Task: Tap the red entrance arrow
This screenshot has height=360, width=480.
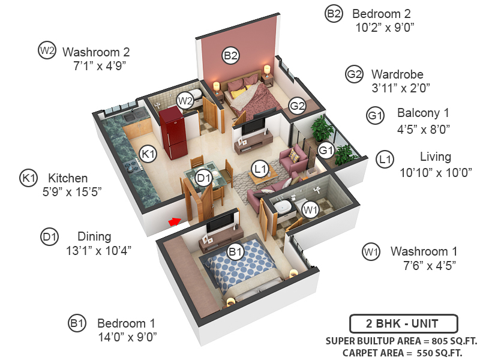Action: coord(175,222)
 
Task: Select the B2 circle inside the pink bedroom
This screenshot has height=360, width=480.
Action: coord(231,56)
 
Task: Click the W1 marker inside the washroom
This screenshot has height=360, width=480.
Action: coord(310,210)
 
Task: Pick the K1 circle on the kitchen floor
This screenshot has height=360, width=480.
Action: coord(148,155)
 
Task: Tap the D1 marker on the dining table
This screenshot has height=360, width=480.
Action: coord(204,178)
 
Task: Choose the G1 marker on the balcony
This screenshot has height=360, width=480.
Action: coord(325,149)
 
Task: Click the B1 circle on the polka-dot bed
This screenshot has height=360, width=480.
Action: coord(235,252)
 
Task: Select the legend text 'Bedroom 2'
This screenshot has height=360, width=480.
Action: coord(381,14)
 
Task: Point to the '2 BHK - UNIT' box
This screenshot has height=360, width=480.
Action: coord(403,323)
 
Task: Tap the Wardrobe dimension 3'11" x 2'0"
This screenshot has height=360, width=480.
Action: coord(401,88)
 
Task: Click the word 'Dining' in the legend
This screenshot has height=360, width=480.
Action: coord(94,236)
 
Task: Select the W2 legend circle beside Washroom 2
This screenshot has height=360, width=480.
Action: coord(47,51)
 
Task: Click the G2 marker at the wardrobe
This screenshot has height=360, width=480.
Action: coord(298,106)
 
